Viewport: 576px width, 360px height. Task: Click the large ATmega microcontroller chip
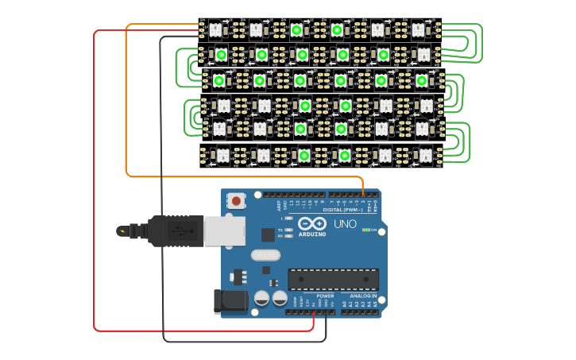point(333,279)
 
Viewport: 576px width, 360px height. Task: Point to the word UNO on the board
point(344,224)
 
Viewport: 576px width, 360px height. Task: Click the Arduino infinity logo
point(312,224)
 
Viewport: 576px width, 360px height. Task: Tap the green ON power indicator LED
point(365,230)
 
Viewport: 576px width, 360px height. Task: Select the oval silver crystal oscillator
point(265,256)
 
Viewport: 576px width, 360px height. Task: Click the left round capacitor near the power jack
point(261,298)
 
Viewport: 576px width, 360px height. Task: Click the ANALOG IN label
point(362,295)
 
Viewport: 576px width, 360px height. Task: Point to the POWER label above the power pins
point(325,296)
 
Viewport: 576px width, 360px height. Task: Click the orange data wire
point(126,103)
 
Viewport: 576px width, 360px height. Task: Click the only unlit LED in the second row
point(423,55)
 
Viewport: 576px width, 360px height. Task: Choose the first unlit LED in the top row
point(215,30)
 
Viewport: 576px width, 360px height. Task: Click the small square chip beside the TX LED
point(269,234)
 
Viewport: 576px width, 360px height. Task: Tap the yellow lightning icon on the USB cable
point(122,231)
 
